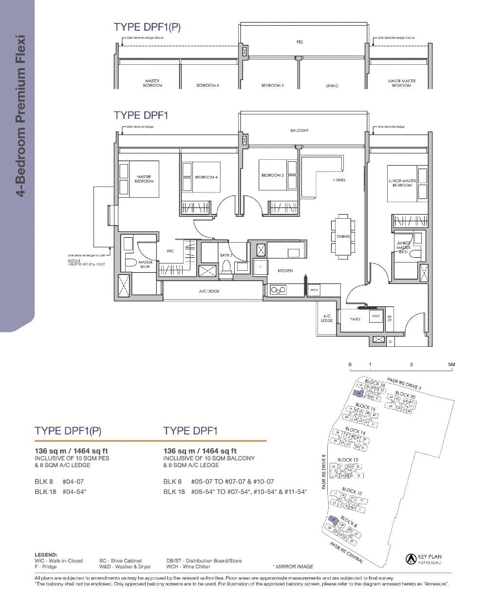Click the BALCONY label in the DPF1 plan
click(x=299, y=131)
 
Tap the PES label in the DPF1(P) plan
click(x=300, y=42)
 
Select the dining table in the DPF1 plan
click(x=343, y=236)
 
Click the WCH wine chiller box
click(x=314, y=290)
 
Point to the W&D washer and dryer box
click(x=375, y=316)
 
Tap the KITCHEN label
click(x=285, y=271)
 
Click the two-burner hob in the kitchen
click(x=278, y=290)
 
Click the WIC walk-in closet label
click(x=170, y=251)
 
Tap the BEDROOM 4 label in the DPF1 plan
click(x=206, y=177)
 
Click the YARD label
click(x=355, y=319)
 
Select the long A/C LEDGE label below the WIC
click(x=209, y=291)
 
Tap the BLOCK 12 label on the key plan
click(x=348, y=460)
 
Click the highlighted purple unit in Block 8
click(x=333, y=520)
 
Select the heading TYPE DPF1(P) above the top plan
click(x=147, y=27)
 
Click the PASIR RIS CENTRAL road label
click(x=346, y=553)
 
